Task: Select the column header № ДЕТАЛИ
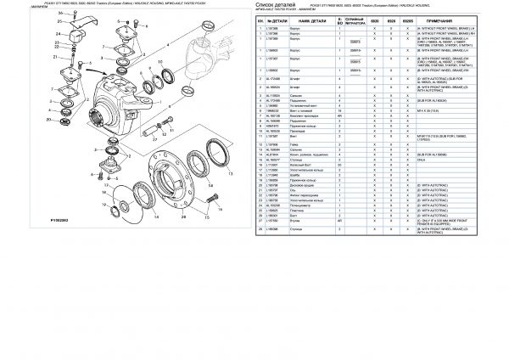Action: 277,20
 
